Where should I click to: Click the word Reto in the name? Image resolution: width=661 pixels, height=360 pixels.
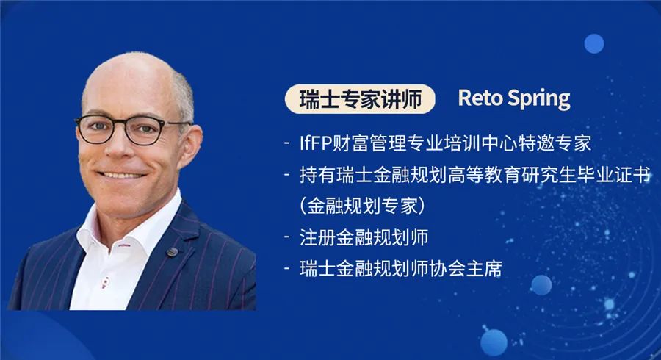(x=478, y=98)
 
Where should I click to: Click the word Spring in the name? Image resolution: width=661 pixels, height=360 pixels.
(x=536, y=99)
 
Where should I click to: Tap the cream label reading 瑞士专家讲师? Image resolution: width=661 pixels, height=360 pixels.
(x=361, y=99)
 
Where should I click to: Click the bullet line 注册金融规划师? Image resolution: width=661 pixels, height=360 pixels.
(x=364, y=237)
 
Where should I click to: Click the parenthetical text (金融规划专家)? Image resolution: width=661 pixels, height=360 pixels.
(x=362, y=206)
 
